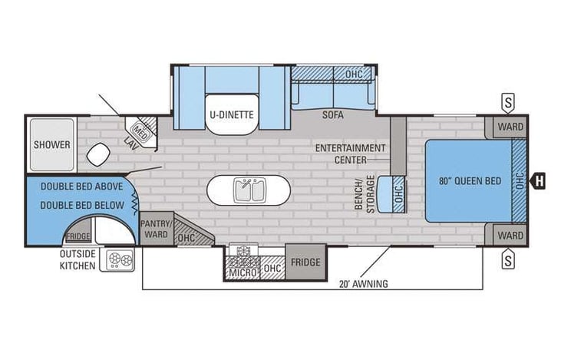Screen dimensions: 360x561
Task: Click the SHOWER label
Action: (x=52, y=144)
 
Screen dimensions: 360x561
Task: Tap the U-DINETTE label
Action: (x=231, y=116)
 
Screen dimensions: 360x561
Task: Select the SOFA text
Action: (x=332, y=116)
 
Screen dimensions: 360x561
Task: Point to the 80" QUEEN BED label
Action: (x=470, y=181)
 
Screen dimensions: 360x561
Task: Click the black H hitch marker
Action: (x=540, y=181)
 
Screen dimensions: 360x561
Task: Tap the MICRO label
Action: (x=242, y=270)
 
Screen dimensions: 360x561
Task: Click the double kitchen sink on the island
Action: (x=250, y=190)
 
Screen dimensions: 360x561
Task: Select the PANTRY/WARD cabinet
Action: (x=156, y=229)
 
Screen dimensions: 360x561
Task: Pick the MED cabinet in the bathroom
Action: (x=141, y=130)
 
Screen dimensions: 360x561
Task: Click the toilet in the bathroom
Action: (x=97, y=154)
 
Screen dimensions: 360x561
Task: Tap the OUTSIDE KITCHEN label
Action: (x=78, y=260)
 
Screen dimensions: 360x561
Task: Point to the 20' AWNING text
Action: (x=363, y=283)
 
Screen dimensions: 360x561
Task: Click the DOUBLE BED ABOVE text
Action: (x=74, y=187)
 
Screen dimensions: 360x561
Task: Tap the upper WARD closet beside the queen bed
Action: (x=510, y=127)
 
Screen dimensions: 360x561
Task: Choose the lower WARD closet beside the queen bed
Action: (x=510, y=235)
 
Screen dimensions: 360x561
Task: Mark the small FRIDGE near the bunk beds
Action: (x=78, y=237)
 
